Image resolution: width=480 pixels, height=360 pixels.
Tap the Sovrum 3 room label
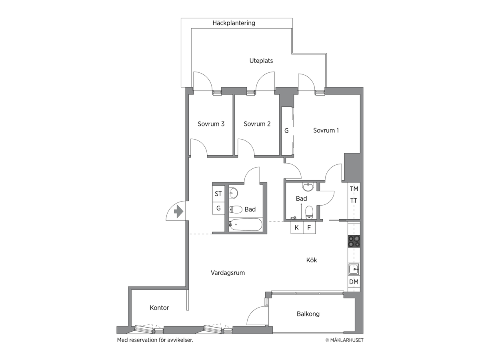(x=211, y=124)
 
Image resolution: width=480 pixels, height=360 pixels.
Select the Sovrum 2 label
(x=257, y=124)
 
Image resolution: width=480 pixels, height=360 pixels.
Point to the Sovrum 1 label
(x=326, y=130)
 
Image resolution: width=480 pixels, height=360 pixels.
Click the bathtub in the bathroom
(x=245, y=225)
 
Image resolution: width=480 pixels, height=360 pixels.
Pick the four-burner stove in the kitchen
(x=354, y=241)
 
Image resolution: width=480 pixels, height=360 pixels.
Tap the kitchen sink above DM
(x=354, y=269)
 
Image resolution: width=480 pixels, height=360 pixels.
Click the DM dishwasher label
(x=354, y=282)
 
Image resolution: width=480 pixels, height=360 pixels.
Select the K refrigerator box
(x=297, y=228)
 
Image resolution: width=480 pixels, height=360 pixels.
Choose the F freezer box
(x=309, y=228)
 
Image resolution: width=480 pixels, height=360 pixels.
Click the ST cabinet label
(x=218, y=194)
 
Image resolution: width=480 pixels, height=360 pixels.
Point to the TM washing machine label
(x=354, y=189)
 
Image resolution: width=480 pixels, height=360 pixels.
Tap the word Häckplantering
(x=234, y=23)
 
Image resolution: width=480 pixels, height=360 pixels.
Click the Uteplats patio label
(x=261, y=60)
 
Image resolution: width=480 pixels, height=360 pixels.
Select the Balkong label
(x=308, y=314)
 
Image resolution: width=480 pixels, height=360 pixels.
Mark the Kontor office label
(x=159, y=308)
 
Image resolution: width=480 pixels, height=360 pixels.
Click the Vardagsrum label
(x=228, y=273)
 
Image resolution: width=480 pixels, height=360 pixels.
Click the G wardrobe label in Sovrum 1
(x=286, y=131)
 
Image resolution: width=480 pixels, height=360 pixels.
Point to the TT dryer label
(x=354, y=200)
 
